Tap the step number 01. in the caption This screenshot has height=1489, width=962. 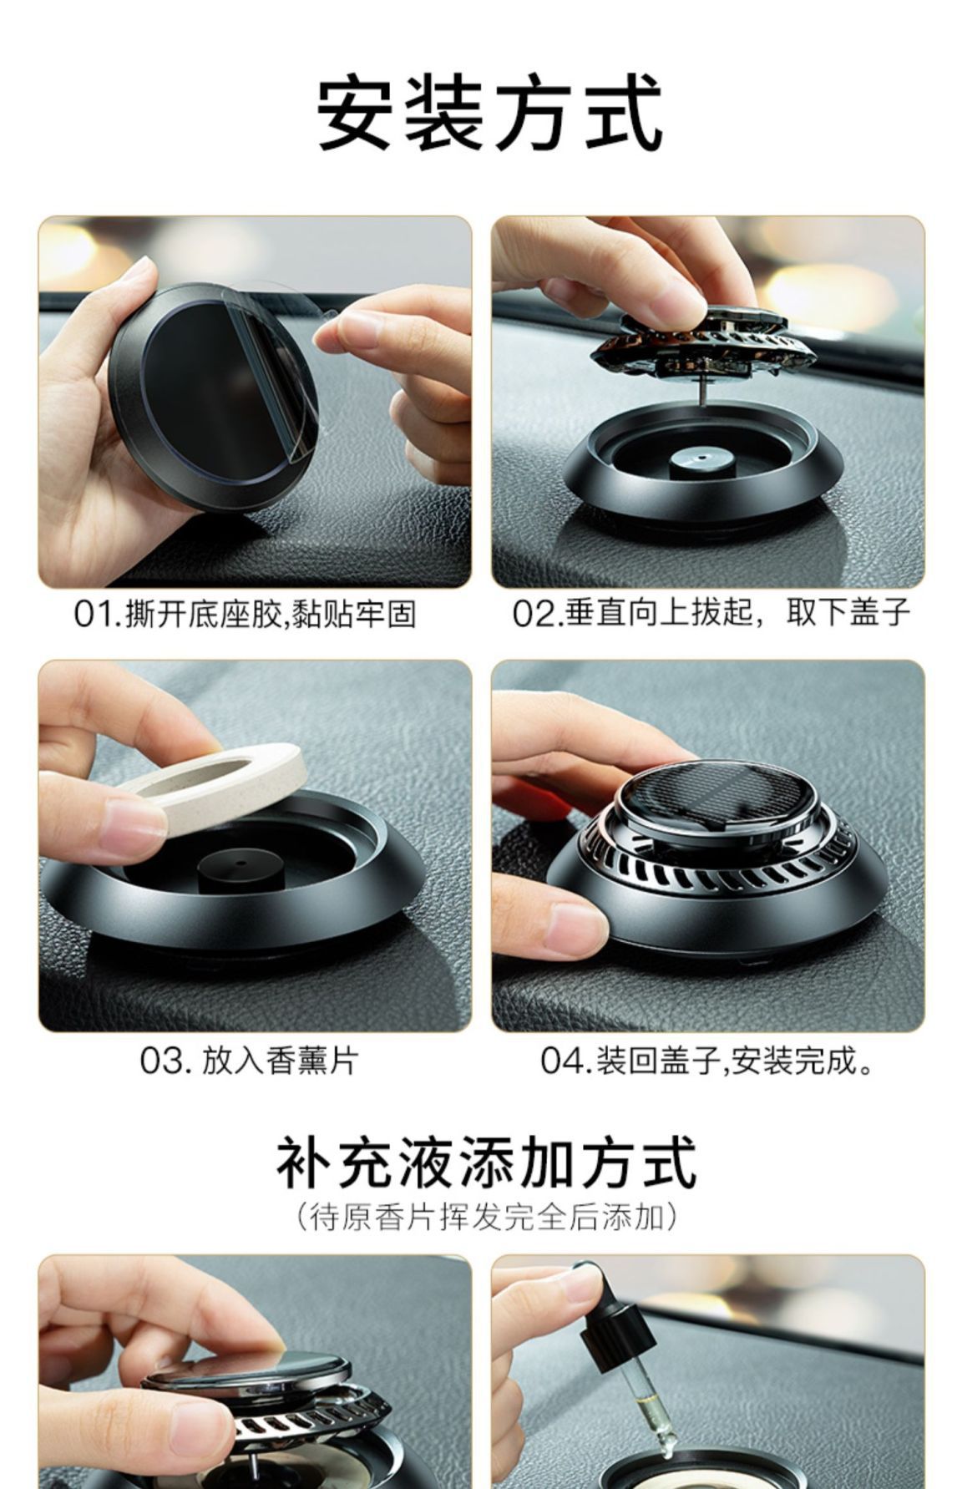pyautogui.click(x=98, y=615)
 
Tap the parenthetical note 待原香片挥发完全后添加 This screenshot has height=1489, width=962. pyautogui.click(x=486, y=1216)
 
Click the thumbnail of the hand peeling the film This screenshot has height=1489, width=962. pyautogui.click(x=255, y=401)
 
